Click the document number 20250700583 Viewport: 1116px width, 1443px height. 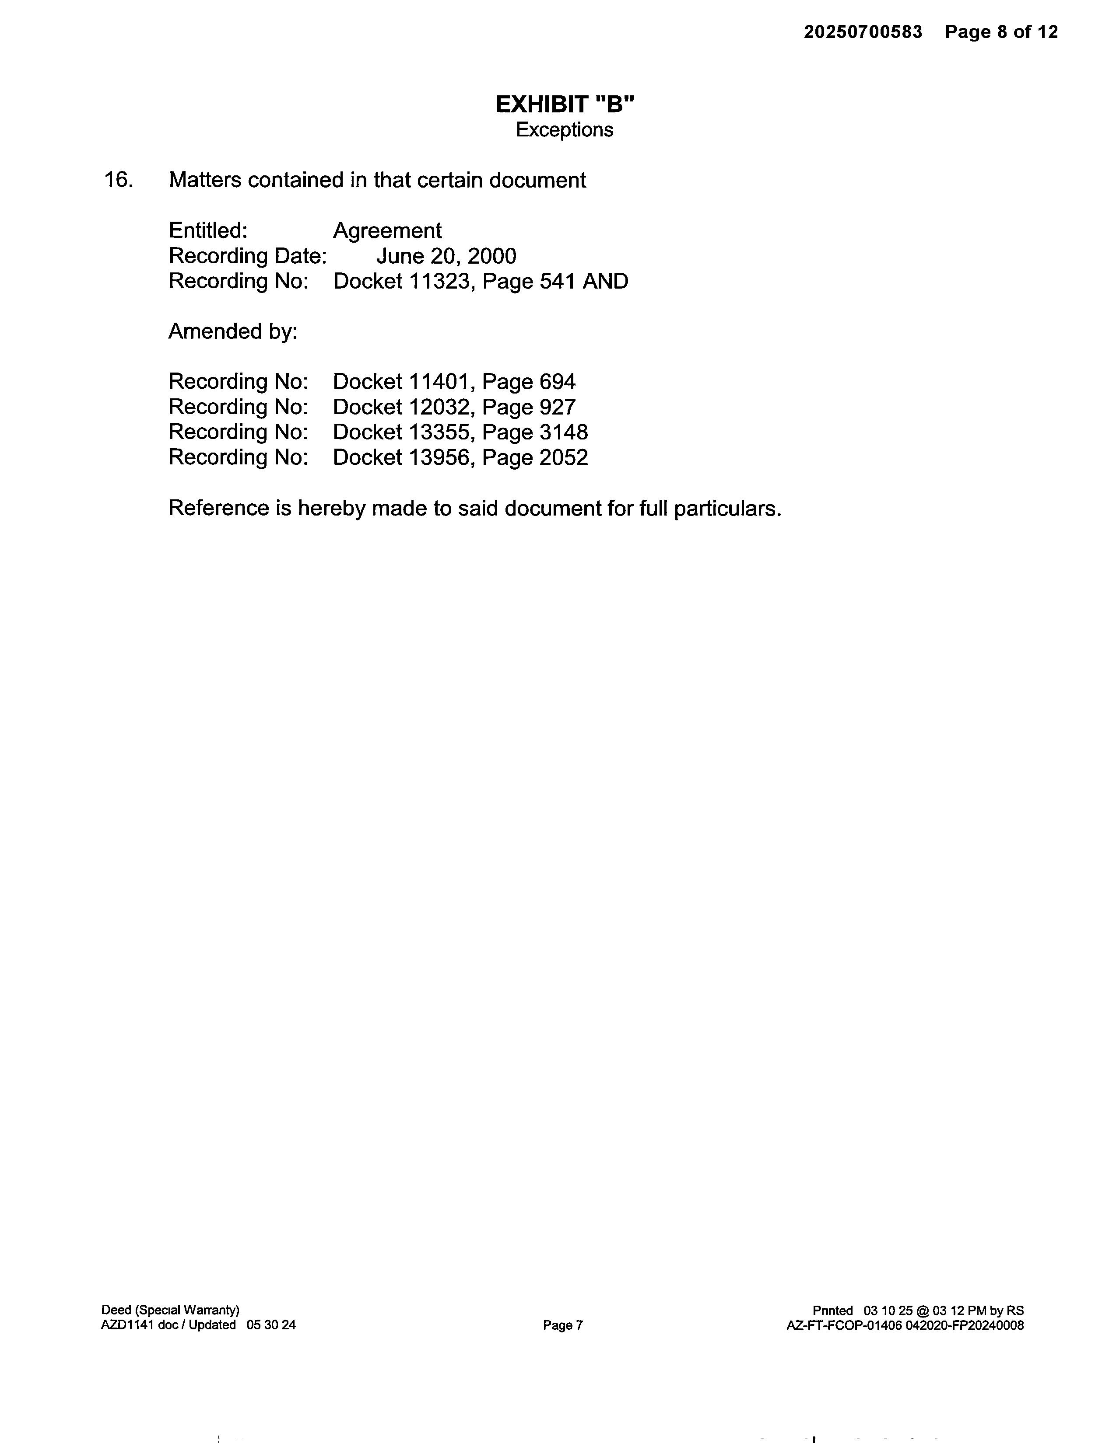coord(862,32)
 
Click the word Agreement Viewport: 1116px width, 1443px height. coord(387,230)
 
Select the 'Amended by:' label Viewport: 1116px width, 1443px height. coord(233,331)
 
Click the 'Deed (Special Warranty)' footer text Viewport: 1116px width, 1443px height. coord(170,1310)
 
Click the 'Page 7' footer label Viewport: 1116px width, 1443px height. coord(563,1325)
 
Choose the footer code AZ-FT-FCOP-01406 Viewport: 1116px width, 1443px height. coord(844,1325)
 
